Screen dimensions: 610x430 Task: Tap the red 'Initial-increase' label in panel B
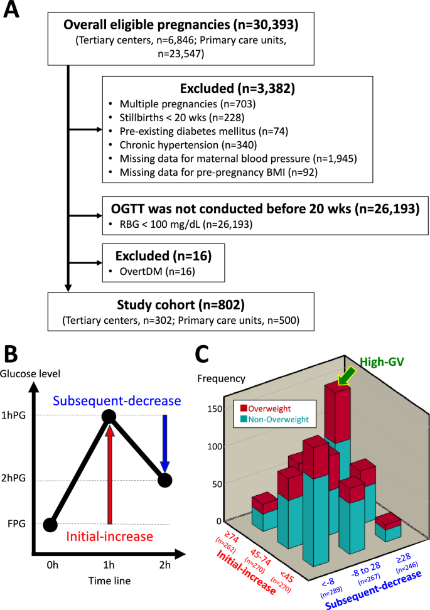coord(110,536)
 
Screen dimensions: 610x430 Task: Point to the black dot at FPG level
coord(51,524)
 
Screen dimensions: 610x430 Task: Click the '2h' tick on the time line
coord(164,565)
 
